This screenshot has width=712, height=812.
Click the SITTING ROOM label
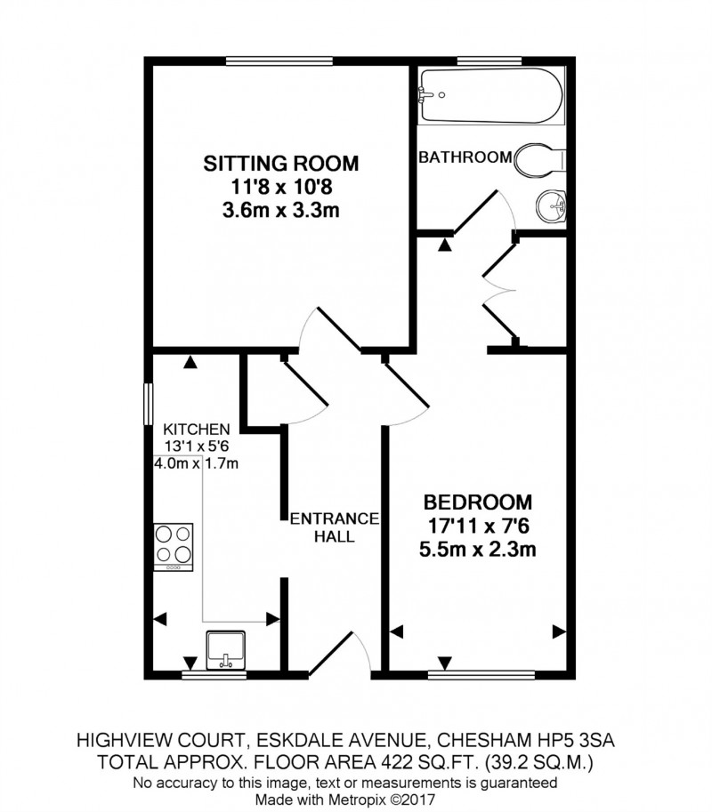[281, 164]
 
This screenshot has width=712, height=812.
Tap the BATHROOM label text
[465, 158]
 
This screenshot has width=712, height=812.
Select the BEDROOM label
[478, 501]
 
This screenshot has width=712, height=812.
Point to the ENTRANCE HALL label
[335, 527]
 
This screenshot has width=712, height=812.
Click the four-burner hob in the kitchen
[174, 545]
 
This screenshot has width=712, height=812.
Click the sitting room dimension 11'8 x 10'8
[281, 188]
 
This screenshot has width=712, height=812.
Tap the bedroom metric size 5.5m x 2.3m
[478, 549]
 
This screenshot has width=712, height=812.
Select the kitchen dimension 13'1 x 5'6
[196, 446]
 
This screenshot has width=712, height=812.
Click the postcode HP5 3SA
[587, 739]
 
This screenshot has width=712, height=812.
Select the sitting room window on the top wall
[279, 60]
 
